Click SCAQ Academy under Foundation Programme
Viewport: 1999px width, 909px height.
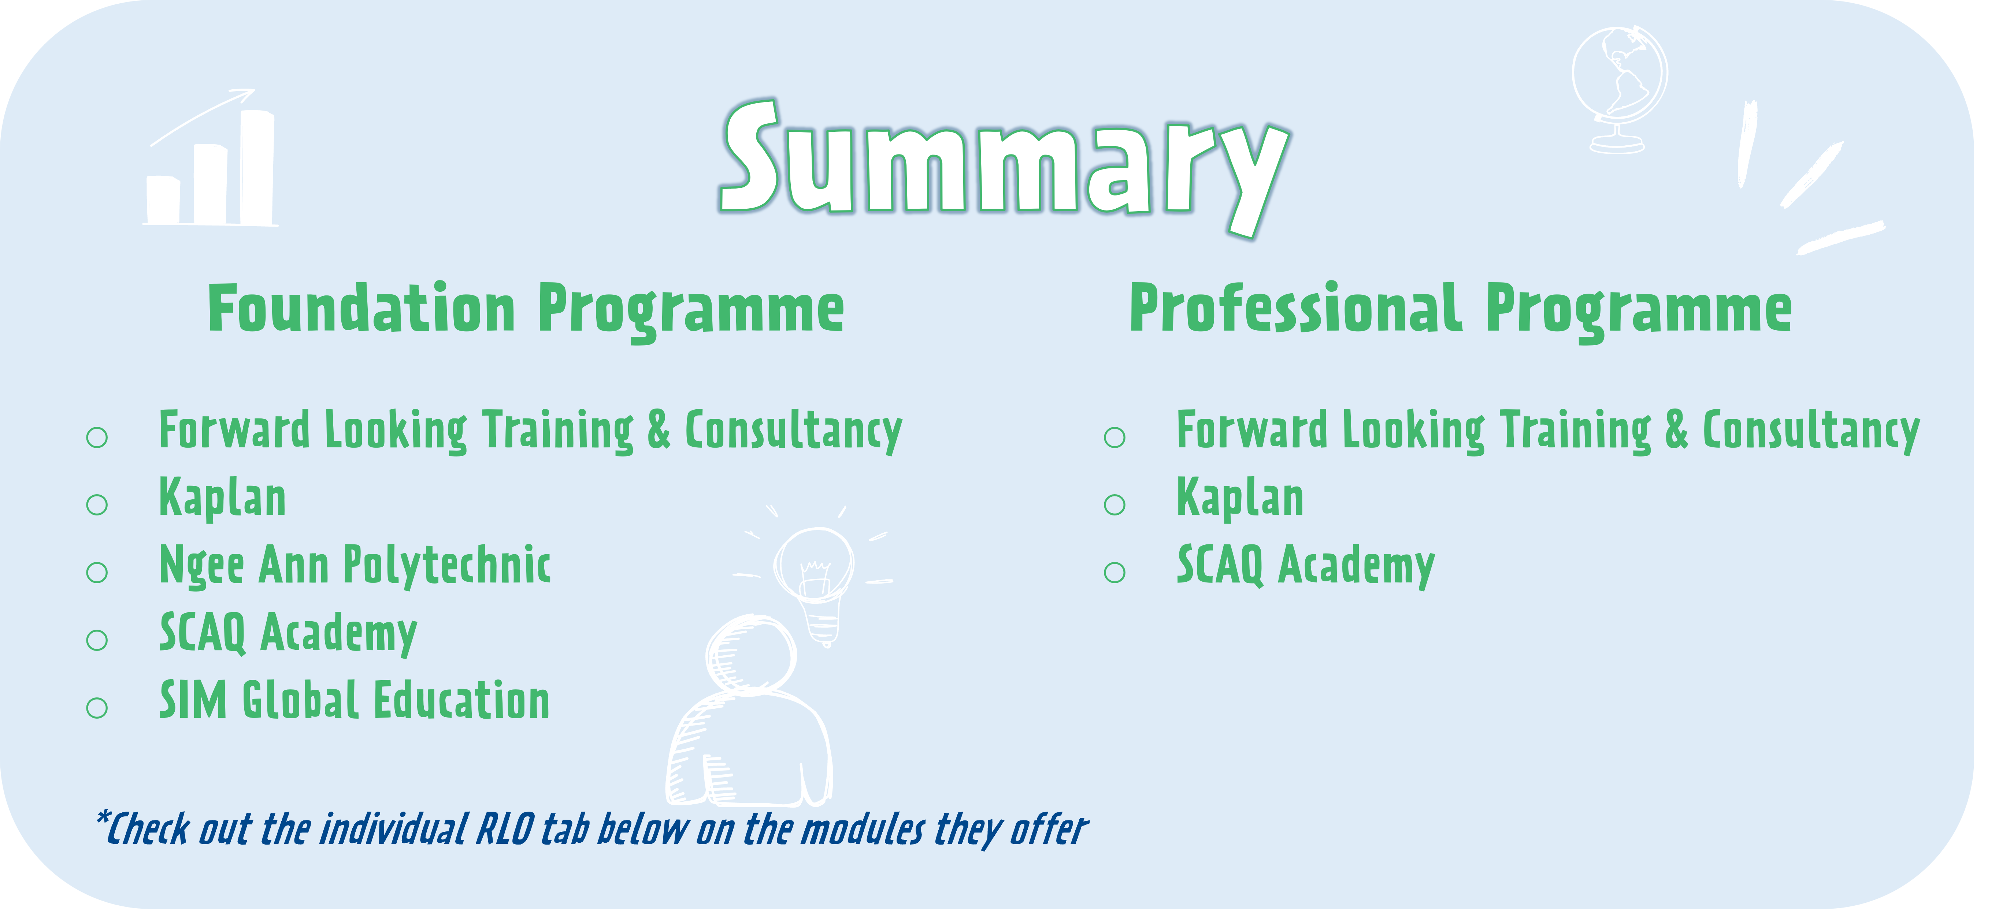288,633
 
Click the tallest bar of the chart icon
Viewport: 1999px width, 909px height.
257,167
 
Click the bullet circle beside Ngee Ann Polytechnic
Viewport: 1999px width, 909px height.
97,573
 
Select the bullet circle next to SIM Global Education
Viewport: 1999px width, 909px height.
97,707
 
